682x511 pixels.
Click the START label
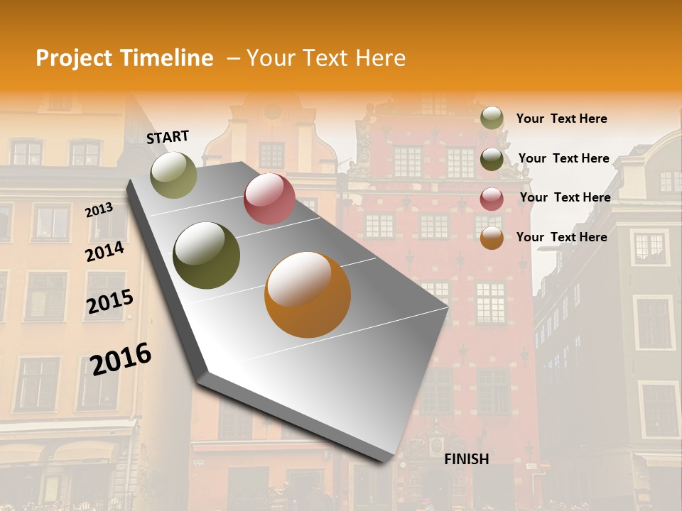point(168,137)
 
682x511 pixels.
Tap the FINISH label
point(467,459)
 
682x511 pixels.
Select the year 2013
point(99,209)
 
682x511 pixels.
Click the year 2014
point(104,251)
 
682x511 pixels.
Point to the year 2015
point(110,302)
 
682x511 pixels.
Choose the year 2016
point(121,358)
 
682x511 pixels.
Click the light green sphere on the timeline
point(174,175)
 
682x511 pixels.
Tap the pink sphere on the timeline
point(269,199)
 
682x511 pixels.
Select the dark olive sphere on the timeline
point(207,255)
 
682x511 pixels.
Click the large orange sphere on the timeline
point(308,295)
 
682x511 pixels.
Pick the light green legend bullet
point(492,118)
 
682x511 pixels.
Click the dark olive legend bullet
point(492,159)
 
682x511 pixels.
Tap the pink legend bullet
point(492,199)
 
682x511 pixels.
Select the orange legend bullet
point(492,238)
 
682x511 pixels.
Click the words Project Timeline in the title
point(124,58)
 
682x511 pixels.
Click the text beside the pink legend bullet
point(565,197)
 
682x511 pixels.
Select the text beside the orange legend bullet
point(561,237)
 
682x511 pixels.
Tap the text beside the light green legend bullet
point(561,119)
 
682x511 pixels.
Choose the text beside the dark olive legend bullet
point(563,158)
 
